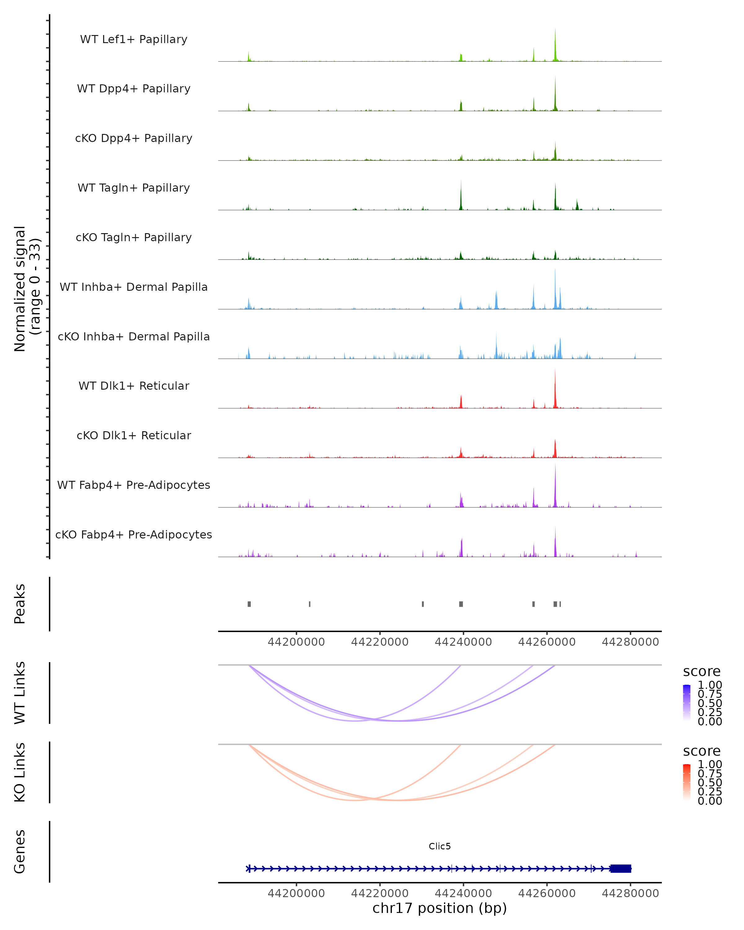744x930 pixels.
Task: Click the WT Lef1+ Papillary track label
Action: coord(134,39)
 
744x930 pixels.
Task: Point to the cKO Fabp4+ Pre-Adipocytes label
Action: coord(134,534)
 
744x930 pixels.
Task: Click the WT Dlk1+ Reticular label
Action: coord(134,386)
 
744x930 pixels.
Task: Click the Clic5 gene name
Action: coord(440,846)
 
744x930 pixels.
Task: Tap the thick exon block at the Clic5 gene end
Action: coord(621,868)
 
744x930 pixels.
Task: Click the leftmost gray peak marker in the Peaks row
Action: coord(249,604)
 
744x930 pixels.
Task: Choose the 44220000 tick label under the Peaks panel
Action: coord(379,642)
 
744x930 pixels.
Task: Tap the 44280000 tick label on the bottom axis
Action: coord(630,893)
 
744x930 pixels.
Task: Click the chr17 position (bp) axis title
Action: coord(440,908)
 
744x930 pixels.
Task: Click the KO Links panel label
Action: coord(20,772)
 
